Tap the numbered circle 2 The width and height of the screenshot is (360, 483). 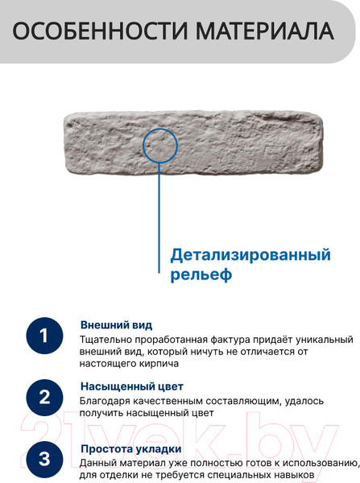coord(44,397)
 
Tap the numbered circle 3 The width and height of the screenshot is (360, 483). coord(44,459)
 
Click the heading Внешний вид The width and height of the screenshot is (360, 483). coord(116,325)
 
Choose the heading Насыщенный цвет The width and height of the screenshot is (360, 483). coord(131,386)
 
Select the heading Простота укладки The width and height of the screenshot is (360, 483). coord(130,448)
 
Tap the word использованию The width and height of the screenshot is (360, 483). coord(317,463)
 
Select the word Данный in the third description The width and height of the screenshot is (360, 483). coord(98,463)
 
